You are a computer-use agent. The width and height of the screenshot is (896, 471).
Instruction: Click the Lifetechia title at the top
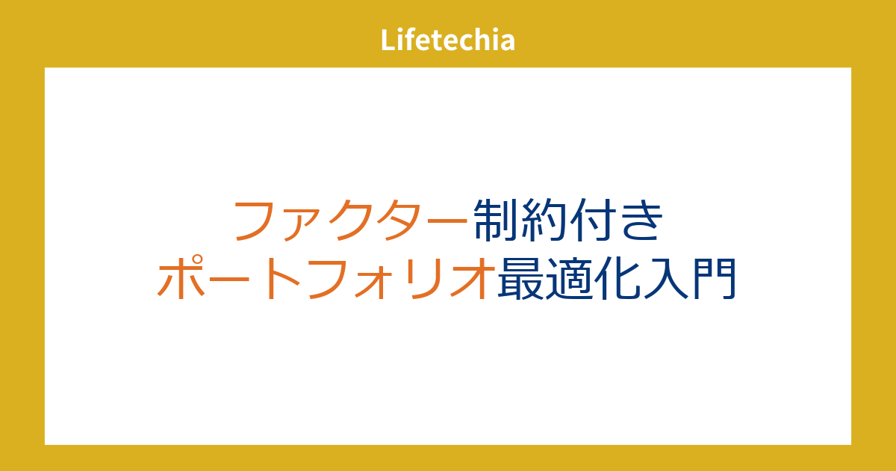click(x=447, y=40)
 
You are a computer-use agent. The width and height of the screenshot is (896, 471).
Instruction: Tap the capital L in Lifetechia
click(x=388, y=40)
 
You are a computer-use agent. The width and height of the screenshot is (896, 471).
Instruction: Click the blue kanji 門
click(x=715, y=278)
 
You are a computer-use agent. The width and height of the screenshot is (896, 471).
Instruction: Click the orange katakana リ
click(x=423, y=279)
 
